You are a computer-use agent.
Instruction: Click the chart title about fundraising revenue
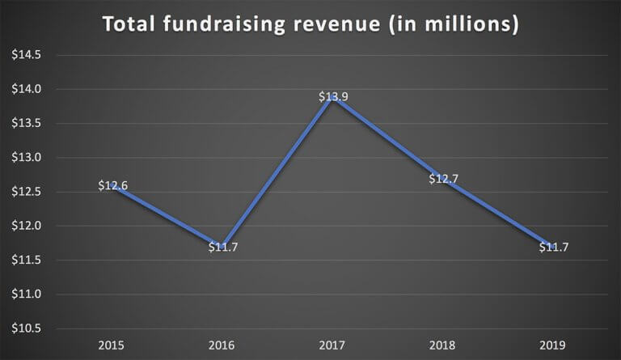[310, 24]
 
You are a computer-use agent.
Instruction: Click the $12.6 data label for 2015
[113, 185]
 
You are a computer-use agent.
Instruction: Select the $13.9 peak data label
[333, 97]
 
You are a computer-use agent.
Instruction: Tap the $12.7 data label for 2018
[443, 179]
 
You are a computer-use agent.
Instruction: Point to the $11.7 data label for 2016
[223, 247]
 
